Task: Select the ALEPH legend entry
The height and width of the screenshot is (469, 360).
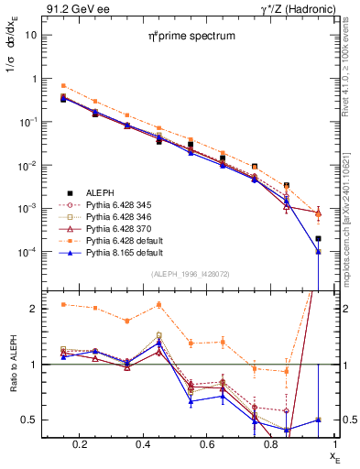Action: click(101, 193)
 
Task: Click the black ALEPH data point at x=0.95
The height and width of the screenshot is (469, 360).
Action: click(318, 238)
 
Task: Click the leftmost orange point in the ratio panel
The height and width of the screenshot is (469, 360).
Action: click(63, 304)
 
